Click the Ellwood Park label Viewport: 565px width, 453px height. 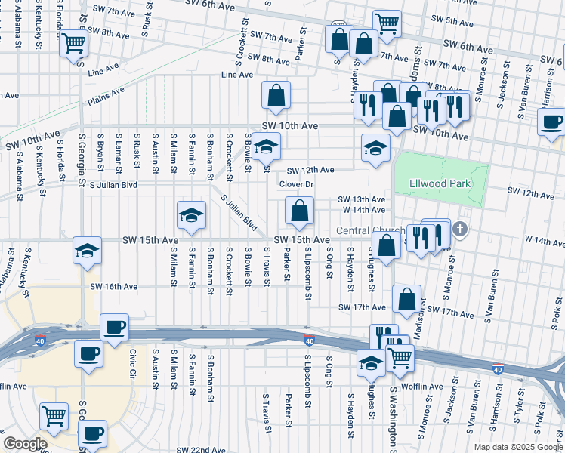(x=440, y=183)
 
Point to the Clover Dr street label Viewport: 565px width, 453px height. (x=296, y=184)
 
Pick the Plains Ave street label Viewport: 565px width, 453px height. (x=106, y=95)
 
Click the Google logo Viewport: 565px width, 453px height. (x=25, y=444)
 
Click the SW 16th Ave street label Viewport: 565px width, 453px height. (x=114, y=287)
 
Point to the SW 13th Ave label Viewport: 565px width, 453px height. (x=362, y=199)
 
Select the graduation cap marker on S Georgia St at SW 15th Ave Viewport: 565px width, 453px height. (x=87, y=249)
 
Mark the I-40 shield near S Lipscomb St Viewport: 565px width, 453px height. (x=308, y=340)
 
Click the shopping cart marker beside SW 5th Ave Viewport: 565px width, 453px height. (x=387, y=23)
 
